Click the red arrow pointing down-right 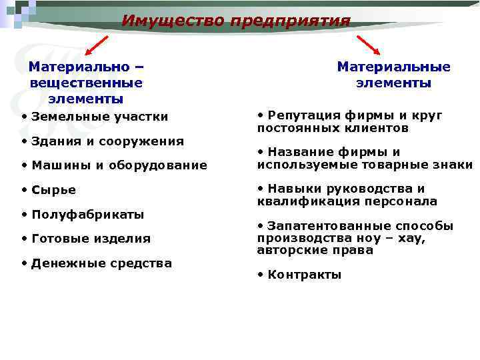(369, 45)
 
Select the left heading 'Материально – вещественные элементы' (87, 83)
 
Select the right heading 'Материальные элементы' (393, 75)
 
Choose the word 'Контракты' (304, 275)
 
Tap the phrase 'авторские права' (315, 251)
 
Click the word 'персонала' (407, 201)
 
